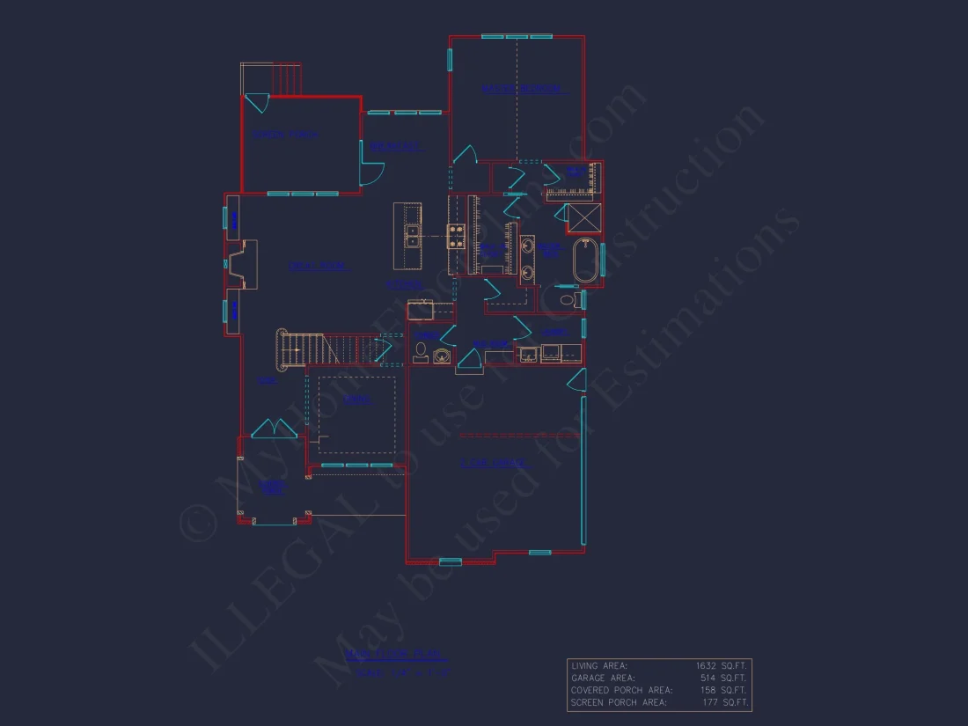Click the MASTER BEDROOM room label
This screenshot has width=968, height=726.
point(523,89)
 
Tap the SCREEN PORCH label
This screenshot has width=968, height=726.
point(285,135)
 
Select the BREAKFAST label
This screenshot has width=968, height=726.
point(395,146)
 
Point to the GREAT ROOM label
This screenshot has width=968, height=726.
point(317,266)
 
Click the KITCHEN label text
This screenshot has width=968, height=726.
point(404,284)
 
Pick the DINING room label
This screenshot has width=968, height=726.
point(356,400)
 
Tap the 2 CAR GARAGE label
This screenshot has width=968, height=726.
point(494,463)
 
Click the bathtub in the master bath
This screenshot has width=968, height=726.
point(586,260)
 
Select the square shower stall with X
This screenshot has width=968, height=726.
point(583,216)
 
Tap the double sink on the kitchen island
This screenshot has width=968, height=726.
point(412,236)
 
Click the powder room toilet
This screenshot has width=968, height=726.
point(422,350)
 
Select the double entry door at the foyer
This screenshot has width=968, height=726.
point(274,429)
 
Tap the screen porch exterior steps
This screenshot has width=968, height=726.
point(285,77)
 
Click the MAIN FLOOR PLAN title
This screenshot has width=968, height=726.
point(396,655)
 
